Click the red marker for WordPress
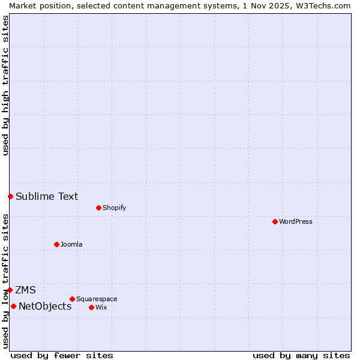pos(275,221)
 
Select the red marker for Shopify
pos(98,208)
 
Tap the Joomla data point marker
pos(56,244)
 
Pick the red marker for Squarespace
pos(72,299)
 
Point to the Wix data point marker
pos(91,307)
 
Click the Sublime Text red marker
pos(10,196)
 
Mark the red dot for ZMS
pos(10,290)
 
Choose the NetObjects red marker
pos(13,306)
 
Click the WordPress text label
pos(296,221)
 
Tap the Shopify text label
pos(114,208)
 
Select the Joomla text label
pos(71,244)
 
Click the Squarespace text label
pos(97,299)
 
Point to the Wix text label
pos(101,307)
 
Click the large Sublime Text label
pos(47,196)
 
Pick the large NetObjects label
pos(45,307)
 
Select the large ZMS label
pos(25,290)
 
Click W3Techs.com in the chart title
pos(326,5)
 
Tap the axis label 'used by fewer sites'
pos(62,355)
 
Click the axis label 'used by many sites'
pos(301,355)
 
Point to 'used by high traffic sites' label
pos(5,85)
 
